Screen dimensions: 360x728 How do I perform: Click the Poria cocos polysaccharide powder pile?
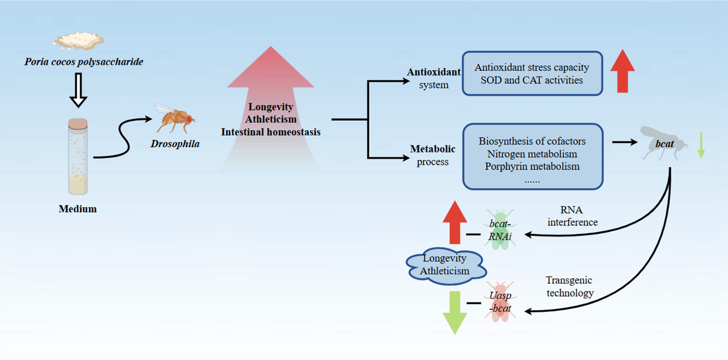pos(79,40)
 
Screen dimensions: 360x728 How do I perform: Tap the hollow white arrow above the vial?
pos(79,92)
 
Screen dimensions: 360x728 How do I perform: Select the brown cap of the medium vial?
pos(78,124)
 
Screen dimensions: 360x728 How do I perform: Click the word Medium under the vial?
pos(78,209)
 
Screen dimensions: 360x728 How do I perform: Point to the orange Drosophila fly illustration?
pos(174,118)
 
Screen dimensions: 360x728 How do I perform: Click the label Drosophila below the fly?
pos(175,144)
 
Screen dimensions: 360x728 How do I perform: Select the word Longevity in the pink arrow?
pos(271,107)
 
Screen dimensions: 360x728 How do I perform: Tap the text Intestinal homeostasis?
pos(271,132)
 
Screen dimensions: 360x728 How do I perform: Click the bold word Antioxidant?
pos(434,72)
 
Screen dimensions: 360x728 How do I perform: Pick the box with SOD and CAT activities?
pos(532,74)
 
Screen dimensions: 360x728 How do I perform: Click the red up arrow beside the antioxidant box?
pos(622,71)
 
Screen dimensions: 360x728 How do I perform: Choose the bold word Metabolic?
pos(432,149)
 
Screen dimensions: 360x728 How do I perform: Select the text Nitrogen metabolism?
pos(532,154)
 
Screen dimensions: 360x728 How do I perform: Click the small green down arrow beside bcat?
pos(700,145)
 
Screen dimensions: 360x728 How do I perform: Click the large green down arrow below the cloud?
pos(455,312)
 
